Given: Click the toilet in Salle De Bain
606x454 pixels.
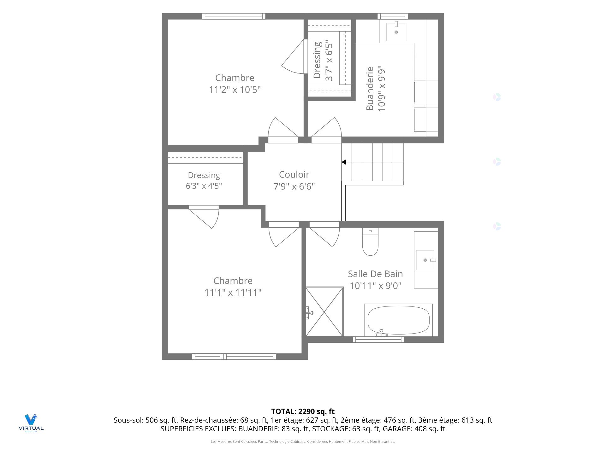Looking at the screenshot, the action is coord(370,242).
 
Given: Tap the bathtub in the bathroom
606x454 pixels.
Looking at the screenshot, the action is coord(398,320).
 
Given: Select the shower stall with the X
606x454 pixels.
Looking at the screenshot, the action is coord(324,311).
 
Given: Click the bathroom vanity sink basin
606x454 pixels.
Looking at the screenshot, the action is coord(425,260).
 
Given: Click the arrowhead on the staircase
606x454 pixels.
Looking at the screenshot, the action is coord(344,162).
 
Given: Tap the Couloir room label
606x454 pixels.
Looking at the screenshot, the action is coord(294,174).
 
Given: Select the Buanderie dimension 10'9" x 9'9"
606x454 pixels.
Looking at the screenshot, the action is coord(382,88).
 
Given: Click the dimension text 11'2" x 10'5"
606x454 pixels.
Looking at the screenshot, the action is coord(235,90).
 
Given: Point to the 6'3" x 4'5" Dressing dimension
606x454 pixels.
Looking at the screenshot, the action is coord(204,186).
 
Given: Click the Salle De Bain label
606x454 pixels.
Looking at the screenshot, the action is coord(375,274).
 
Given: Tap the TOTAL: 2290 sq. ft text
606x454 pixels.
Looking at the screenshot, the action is coord(303,411).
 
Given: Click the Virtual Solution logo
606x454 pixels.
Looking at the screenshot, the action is coord(31,423).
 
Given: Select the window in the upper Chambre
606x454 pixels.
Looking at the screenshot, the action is coord(234,16).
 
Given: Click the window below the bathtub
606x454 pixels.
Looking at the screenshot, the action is coord(378,340).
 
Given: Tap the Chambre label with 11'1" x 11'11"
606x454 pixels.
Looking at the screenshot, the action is coord(233,281).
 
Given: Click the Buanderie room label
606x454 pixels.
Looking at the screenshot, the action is coord(370,88).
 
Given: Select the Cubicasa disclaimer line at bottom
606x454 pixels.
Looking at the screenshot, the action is coord(303,442).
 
